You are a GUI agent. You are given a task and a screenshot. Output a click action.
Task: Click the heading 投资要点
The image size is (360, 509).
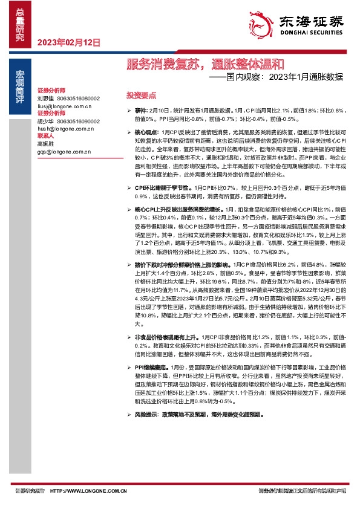pyautogui.click(x=140, y=96)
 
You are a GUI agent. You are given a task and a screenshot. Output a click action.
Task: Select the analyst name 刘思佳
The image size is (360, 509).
pyautogui.click(x=45, y=98)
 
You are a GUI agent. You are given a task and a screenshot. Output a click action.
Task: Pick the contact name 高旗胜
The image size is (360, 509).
pyautogui.click(x=45, y=144)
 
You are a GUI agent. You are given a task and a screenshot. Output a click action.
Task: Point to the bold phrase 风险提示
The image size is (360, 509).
pyautogui.click(x=147, y=414)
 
